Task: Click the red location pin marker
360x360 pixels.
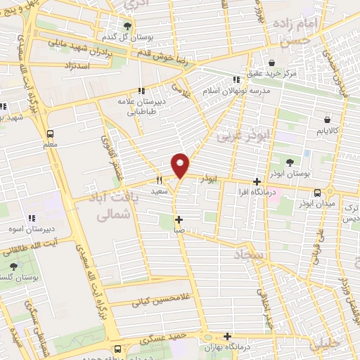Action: point(181,165)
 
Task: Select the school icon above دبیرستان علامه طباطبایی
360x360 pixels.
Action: point(141,91)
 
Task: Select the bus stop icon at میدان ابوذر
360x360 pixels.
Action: point(318,193)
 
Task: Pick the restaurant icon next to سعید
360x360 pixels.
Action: point(160,180)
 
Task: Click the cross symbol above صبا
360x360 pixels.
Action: point(179,219)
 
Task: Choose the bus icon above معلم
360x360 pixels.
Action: point(50,134)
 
